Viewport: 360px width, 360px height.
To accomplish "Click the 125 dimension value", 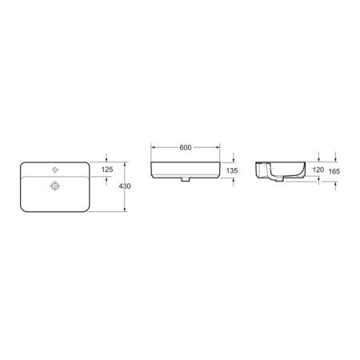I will (107, 170).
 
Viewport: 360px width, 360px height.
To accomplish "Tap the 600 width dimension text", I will (186, 147).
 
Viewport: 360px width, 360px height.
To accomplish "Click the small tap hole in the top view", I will (55, 170).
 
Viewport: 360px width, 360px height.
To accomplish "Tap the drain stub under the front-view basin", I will (186, 181).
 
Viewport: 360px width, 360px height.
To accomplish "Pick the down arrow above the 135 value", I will (233, 158).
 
